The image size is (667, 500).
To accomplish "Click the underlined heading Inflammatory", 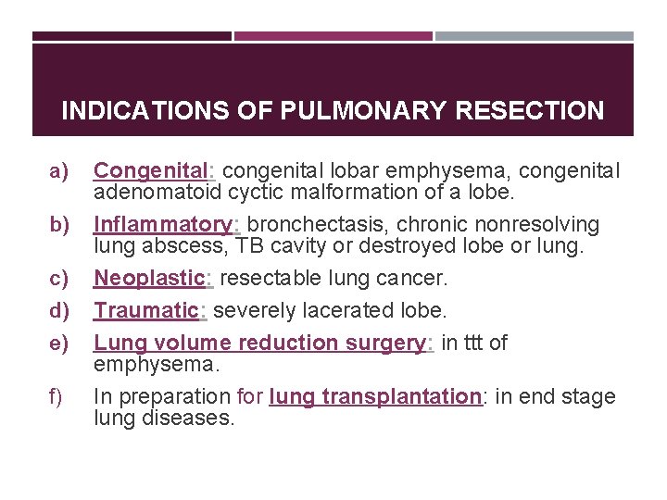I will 164,225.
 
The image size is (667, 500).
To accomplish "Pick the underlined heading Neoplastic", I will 152,279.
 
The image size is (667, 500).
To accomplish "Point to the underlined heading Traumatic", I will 146,310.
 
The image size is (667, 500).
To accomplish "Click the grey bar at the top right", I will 535,36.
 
